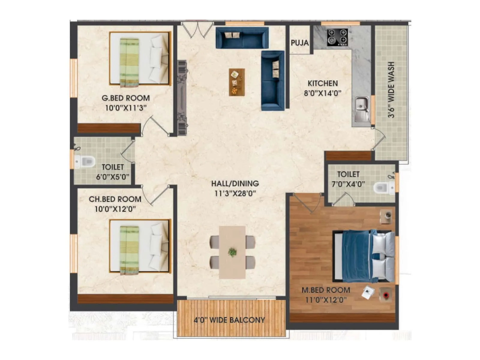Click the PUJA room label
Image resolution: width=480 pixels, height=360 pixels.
click(x=300, y=43)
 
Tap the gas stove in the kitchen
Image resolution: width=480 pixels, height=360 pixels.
click(x=337, y=37)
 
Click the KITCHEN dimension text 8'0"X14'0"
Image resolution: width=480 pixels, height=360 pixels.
click(x=322, y=93)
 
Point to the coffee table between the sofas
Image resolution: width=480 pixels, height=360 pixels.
click(x=237, y=82)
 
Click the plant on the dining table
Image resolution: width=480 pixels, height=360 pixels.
click(x=232, y=252)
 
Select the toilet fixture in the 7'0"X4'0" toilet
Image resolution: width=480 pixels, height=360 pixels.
click(x=384, y=188)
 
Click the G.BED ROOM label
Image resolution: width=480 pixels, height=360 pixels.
click(x=125, y=98)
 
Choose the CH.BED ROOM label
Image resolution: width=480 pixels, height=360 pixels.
click(x=115, y=199)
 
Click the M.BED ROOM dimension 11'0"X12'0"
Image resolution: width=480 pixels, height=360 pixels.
click(x=326, y=299)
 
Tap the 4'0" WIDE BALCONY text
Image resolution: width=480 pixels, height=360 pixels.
click(x=229, y=320)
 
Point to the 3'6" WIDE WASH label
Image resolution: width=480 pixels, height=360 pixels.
click(x=391, y=90)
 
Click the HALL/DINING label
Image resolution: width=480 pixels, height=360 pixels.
click(x=235, y=183)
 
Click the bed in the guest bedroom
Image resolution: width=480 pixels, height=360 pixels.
click(x=139, y=59)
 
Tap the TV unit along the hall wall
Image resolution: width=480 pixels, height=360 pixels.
click(x=182, y=97)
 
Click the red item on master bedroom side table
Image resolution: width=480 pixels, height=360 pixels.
click(x=386, y=295)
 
